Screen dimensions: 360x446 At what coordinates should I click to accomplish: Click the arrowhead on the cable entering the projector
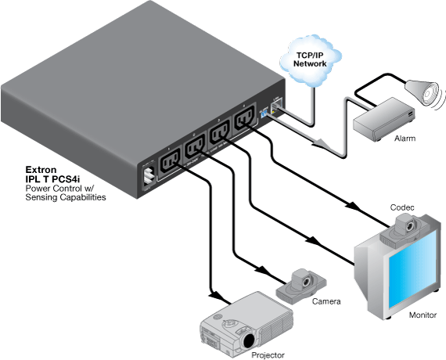click(x=210, y=294)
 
